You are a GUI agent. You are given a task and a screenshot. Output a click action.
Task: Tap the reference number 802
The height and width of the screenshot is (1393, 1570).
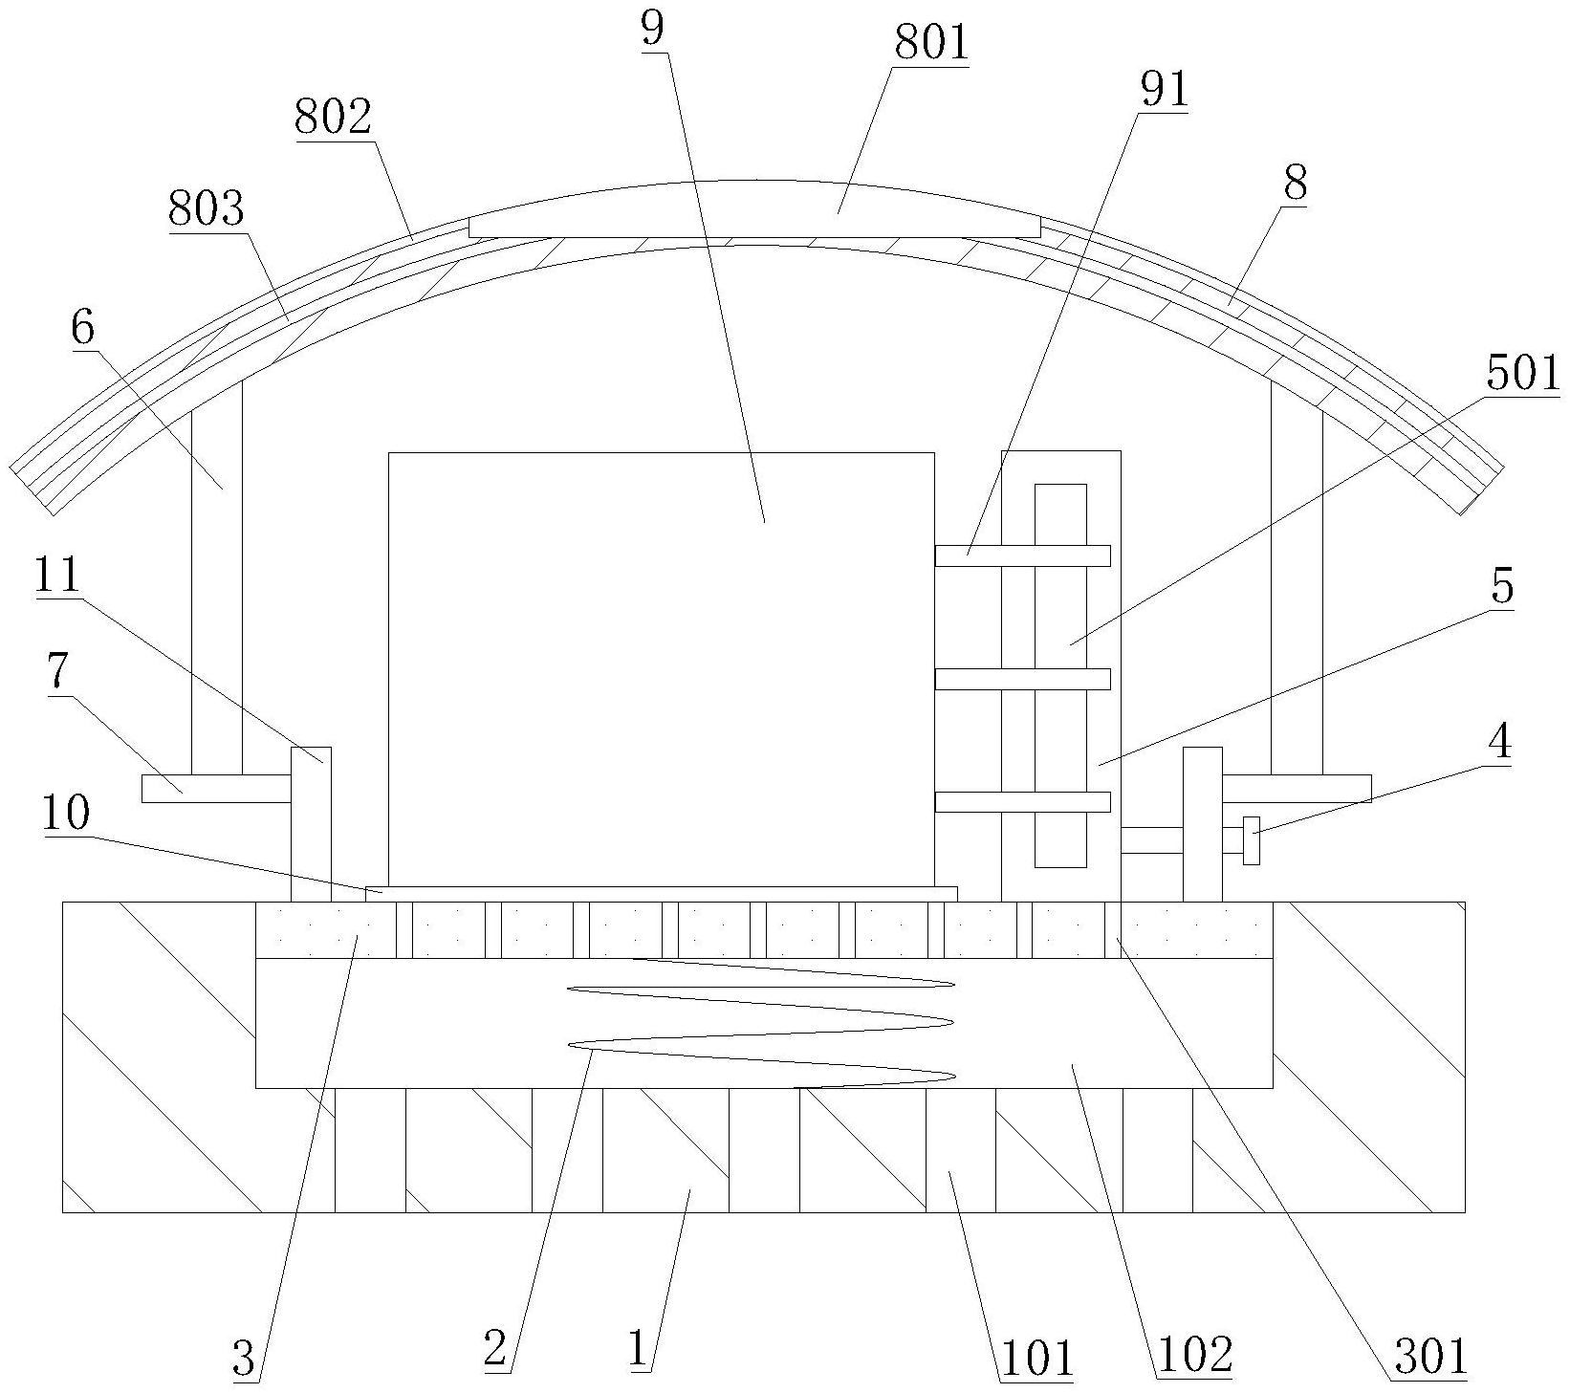click(334, 119)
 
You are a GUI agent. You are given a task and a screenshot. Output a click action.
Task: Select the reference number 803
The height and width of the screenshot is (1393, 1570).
click(207, 209)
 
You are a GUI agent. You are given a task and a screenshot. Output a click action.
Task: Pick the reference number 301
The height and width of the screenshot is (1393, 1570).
click(1429, 1357)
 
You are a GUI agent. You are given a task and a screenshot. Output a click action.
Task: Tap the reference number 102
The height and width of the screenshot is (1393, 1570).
click(1194, 1355)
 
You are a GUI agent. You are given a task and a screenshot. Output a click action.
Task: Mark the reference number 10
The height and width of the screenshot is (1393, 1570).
click(66, 814)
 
